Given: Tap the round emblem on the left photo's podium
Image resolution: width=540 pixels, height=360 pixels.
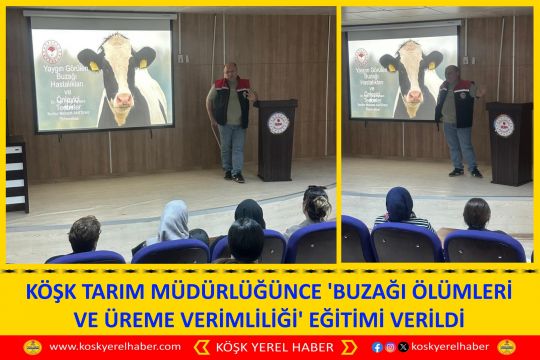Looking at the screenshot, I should pos(278,123).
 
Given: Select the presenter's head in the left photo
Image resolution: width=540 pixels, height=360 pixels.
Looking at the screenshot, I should pos(232,70).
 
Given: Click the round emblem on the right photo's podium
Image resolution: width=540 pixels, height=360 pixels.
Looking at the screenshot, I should pos(505,125).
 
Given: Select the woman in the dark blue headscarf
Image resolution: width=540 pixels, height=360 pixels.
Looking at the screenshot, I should pos(400,206).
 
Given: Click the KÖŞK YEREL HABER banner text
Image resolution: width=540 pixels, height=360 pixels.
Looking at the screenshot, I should pos(271,347).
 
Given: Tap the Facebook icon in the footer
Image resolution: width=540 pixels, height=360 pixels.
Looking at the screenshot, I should pos(377,347).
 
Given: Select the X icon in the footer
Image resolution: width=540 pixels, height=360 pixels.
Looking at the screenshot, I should pos(403,347).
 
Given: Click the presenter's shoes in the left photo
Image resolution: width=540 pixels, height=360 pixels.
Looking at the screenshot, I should pos(233,177).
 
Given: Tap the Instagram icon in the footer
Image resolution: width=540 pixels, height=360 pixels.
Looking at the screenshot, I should pos(390,347).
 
